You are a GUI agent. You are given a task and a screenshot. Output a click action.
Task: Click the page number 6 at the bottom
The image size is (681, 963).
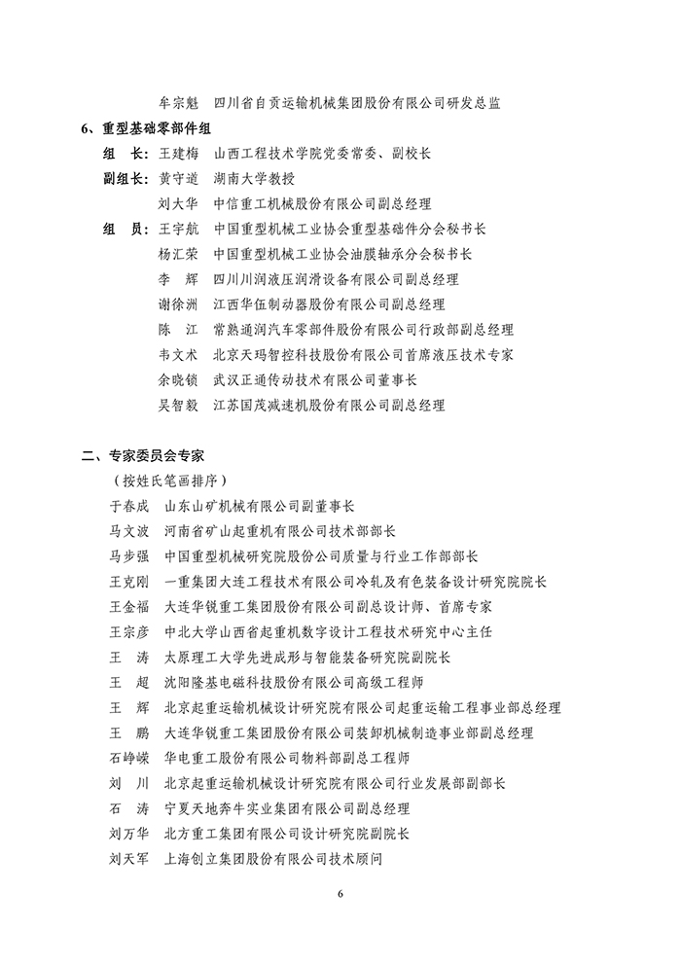pyautogui.click(x=340, y=894)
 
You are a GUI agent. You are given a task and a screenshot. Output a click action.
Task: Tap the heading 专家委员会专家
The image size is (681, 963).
pyautogui.click(x=152, y=455)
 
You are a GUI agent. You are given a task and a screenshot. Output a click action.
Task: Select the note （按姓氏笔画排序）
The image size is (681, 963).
pyautogui.click(x=170, y=481)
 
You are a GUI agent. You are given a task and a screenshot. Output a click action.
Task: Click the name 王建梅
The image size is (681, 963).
pyautogui.click(x=177, y=154)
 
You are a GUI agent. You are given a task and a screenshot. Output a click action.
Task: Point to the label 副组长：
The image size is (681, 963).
pyautogui.click(x=125, y=179)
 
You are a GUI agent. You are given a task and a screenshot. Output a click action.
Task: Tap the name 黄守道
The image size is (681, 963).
pyautogui.click(x=177, y=179)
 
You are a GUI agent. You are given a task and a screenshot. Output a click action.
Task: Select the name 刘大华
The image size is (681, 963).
pyautogui.click(x=177, y=204)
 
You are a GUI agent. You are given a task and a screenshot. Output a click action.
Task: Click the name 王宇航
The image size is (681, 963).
pyautogui.click(x=177, y=230)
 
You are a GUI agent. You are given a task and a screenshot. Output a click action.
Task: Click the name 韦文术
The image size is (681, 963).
pyautogui.click(x=177, y=355)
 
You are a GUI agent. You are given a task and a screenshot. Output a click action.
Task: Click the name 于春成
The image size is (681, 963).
pyautogui.click(x=130, y=506)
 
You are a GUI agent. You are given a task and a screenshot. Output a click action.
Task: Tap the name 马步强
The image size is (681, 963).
pyautogui.click(x=130, y=556)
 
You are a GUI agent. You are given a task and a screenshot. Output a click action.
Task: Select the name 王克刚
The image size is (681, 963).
pyautogui.click(x=130, y=582)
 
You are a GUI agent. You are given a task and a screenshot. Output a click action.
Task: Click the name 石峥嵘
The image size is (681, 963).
pyautogui.click(x=130, y=758)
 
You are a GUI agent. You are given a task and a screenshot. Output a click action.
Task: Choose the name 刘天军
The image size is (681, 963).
pyautogui.click(x=130, y=859)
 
